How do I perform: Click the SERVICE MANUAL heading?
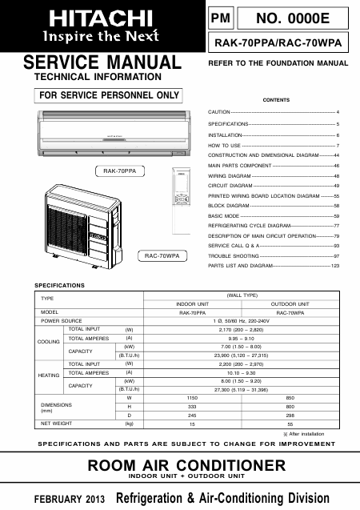102,62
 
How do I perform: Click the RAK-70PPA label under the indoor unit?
120,171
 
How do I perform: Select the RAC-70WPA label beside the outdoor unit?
163,255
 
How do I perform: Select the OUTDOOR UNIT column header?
290,304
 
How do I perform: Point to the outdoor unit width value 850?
290,397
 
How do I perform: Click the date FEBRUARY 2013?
69,499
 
